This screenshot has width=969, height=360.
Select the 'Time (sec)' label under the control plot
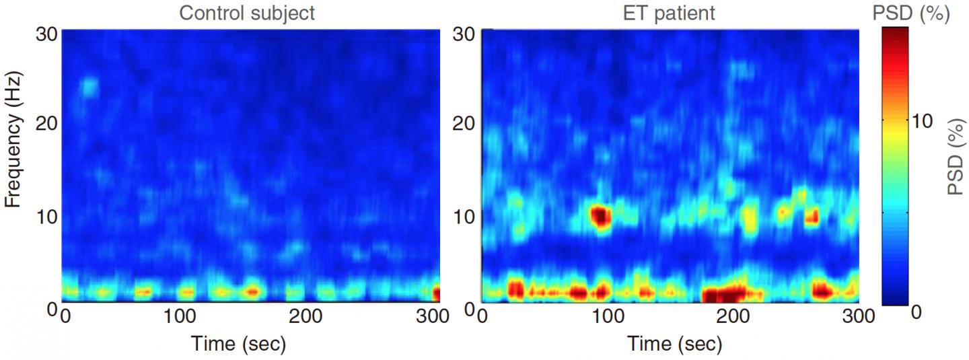(x=240, y=345)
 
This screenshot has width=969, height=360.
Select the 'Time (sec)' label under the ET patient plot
(x=675, y=345)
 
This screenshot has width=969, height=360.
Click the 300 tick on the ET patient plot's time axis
(x=858, y=316)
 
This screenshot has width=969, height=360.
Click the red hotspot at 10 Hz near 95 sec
(x=600, y=216)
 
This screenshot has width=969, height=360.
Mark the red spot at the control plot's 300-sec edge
(x=436, y=294)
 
